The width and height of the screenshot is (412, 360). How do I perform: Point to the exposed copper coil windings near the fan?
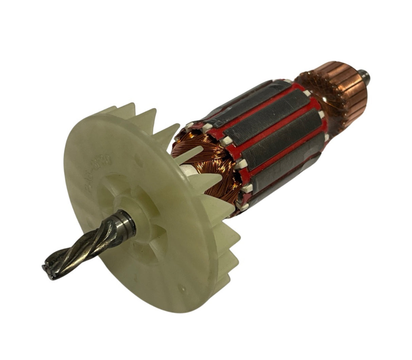204,149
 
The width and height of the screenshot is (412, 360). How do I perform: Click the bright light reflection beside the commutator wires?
325,99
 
